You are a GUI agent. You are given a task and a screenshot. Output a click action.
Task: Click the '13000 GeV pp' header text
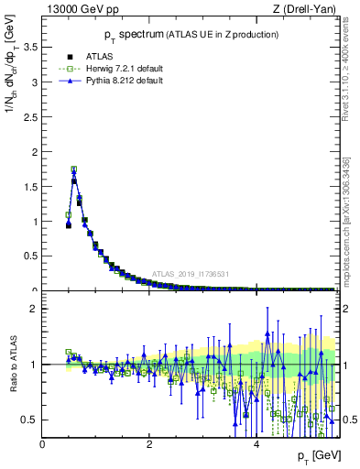point(76,9)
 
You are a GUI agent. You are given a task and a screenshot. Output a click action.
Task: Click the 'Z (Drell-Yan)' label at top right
point(309,9)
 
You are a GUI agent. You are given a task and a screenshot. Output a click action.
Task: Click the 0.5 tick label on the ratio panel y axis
point(30,420)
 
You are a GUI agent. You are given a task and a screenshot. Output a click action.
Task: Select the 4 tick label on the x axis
point(256,444)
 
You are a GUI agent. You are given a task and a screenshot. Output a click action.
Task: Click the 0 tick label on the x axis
point(42,444)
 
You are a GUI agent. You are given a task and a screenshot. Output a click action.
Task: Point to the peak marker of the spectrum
point(73,169)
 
